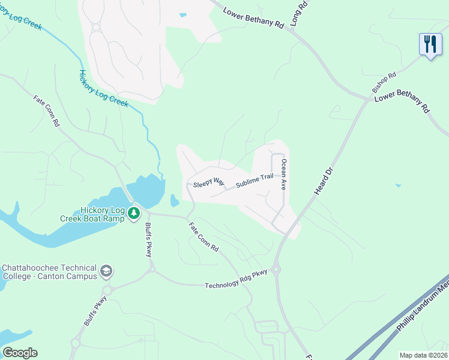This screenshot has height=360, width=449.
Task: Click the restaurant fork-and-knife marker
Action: click(430, 45)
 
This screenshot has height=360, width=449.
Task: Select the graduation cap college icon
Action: click(107, 271)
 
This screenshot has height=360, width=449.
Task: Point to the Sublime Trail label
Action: click(254, 179)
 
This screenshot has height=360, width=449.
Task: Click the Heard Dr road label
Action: click(323, 181)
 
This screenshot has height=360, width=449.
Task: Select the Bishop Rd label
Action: click(384, 82)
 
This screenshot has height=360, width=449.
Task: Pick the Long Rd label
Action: click(298, 13)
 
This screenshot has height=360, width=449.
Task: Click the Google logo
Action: click(20, 352)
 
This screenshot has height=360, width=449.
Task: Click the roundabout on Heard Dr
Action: click(277, 269)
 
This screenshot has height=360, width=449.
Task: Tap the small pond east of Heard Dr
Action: click(398, 185)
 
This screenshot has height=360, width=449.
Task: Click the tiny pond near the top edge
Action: click(182, 15)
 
